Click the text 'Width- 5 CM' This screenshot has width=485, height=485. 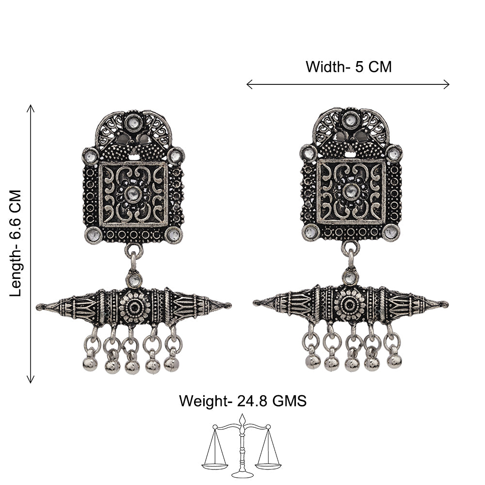[x=349, y=67]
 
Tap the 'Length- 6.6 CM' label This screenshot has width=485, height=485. [x=16, y=243]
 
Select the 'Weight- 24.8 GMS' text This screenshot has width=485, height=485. [x=243, y=401]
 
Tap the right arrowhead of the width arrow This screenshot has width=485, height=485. [x=447, y=84]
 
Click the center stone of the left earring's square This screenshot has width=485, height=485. [x=133, y=194]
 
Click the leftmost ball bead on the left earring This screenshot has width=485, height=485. [x=90, y=364]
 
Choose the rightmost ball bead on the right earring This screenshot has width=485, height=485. [x=394, y=361]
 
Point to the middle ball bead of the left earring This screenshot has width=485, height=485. [x=132, y=367]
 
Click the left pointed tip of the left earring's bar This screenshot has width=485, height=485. [x=38, y=307]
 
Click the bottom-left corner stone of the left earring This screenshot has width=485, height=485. [x=94, y=235]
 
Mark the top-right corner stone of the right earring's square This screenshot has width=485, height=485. [x=394, y=153]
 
